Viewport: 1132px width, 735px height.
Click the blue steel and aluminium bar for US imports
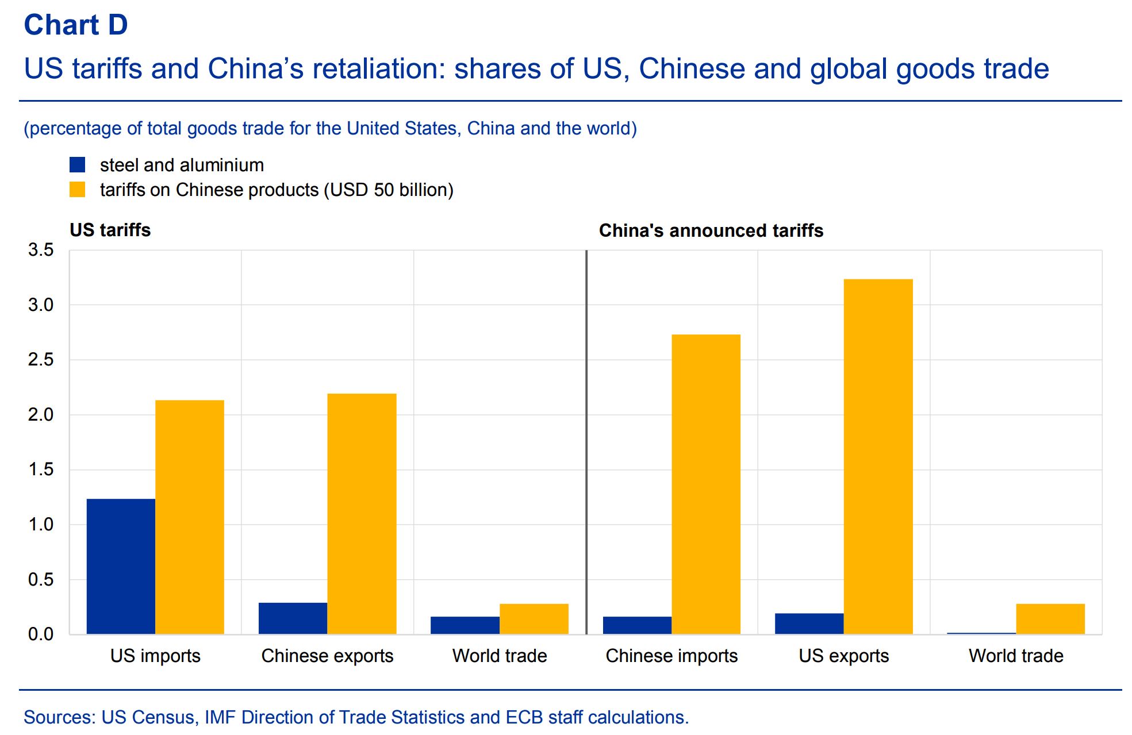click(x=121, y=566)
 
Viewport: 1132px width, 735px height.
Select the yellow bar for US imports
click(x=190, y=517)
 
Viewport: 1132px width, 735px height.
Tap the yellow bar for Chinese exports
click(x=362, y=514)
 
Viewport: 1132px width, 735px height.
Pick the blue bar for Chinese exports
click(x=293, y=618)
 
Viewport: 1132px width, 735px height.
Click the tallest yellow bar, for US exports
click(x=878, y=457)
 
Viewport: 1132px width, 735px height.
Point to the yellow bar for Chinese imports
click(x=706, y=484)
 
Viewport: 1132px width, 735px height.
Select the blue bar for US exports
click(x=809, y=624)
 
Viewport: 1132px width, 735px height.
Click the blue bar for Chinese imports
click(x=637, y=625)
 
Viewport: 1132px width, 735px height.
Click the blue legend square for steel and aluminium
click(x=77, y=165)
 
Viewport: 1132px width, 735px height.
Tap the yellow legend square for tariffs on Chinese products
click(x=77, y=190)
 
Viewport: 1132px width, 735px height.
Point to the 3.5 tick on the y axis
click(x=41, y=250)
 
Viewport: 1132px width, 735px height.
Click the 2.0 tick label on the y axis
click(x=41, y=414)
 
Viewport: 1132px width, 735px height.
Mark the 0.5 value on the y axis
click(x=41, y=579)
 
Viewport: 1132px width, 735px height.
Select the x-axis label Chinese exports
click(x=327, y=656)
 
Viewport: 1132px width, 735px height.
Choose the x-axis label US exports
click(x=843, y=656)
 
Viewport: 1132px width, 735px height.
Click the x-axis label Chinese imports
click(x=671, y=656)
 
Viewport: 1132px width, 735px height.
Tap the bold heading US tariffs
click(x=110, y=230)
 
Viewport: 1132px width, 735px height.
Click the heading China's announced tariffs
click(x=711, y=230)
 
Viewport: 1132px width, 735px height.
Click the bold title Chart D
click(x=76, y=25)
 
